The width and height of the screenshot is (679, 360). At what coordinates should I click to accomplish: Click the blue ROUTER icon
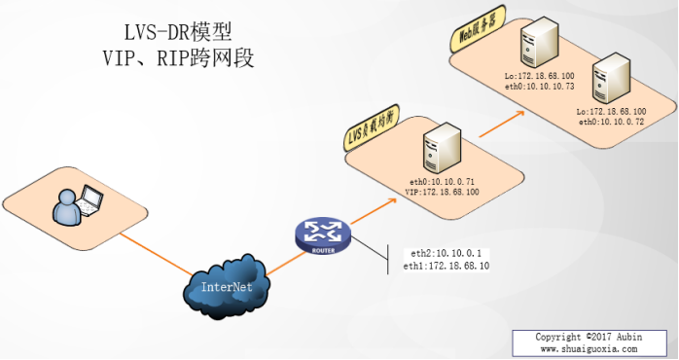(323, 236)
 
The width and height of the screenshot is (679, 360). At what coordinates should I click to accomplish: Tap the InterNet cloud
(227, 287)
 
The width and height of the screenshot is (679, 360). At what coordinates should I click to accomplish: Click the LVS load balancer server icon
(442, 148)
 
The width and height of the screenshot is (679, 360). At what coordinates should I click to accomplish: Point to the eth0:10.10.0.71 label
(445, 182)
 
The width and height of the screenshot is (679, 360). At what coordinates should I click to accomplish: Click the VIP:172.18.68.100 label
(442, 192)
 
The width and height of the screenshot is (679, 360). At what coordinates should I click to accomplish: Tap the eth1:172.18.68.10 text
(447, 266)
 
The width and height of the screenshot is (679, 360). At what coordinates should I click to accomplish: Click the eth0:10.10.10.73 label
(540, 87)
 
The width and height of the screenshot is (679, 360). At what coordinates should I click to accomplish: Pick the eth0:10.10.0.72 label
(611, 122)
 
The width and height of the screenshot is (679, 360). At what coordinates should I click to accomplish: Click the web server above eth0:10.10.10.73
(539, 40)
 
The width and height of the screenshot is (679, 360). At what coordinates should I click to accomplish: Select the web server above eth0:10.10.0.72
(611, 79)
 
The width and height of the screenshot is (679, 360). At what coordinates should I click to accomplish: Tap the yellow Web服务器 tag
(478, 29)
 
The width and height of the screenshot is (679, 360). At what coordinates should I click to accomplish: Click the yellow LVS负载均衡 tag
(372, 127)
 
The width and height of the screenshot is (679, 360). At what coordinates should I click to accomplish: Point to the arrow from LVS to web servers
(501, 124)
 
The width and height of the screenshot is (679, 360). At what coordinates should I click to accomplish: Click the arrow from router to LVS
(374, 211)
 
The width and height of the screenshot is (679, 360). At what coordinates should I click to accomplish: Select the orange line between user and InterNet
(157, 254)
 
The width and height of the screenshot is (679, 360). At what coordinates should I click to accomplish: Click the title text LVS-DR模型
(178, 32)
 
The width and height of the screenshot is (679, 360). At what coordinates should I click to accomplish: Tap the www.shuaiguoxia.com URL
(589, 348)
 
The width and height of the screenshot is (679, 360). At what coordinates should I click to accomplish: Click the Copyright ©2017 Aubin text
(589, 337)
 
